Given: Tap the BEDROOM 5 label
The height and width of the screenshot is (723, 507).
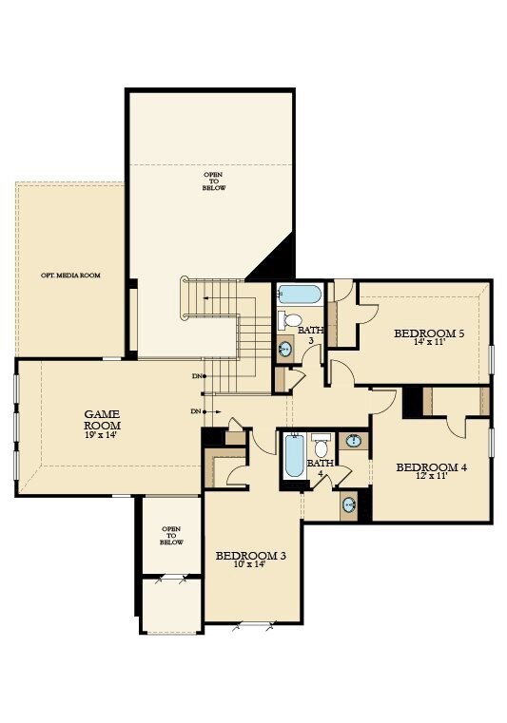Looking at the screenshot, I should (x=429, y=333).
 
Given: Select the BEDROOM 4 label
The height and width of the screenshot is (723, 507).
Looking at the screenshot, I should (x=431, y=466).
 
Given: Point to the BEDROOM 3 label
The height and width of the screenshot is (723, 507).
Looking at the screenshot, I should (x=250, y=556).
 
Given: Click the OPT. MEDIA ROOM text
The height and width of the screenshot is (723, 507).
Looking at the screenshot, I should (x=70, y=276).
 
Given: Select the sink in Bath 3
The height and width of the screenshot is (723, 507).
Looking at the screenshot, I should (x=284, y=350).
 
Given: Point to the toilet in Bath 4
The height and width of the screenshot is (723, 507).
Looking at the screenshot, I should (x=322, y=447).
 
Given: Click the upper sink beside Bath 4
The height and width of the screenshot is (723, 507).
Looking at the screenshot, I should (x=353, y=441).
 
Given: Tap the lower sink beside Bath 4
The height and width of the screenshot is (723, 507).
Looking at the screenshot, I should (x=349, y=504).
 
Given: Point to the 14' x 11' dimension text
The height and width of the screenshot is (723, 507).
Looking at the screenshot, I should (x=429, y=343).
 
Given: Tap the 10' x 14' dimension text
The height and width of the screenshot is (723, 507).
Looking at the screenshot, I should (x=250, y=565).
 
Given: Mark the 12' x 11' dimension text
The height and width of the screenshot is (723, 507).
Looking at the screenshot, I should (x=431, y=476).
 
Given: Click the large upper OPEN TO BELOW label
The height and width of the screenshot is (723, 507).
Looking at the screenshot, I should (x=212, y=181).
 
